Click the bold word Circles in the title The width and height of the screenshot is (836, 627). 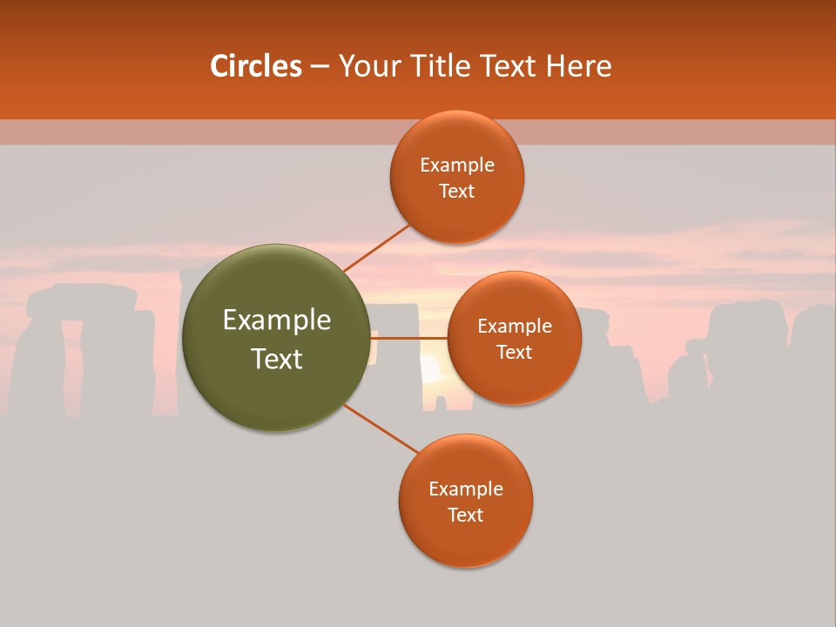(x=256, y=66)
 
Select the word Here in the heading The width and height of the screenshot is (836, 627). (x=579, y=66)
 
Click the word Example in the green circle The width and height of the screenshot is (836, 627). (x=277, y=320)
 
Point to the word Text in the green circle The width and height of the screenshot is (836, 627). (x=277, y=359)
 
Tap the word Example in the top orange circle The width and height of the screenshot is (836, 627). (x=457, y=165)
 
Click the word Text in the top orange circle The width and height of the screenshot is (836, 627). (x=457, y=192)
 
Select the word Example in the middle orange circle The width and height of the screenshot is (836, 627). (x=515, y=327)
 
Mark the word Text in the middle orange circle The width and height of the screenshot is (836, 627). (x=515, y=353)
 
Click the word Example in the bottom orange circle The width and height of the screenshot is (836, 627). (x=466, y=489)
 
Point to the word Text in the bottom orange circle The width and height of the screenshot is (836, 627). (x=466, y=516)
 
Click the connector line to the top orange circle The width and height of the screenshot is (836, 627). (x=376, y=247)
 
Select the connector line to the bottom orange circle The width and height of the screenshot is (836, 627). (x=381, y=428)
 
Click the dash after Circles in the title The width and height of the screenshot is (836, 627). (x=320, y=66)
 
